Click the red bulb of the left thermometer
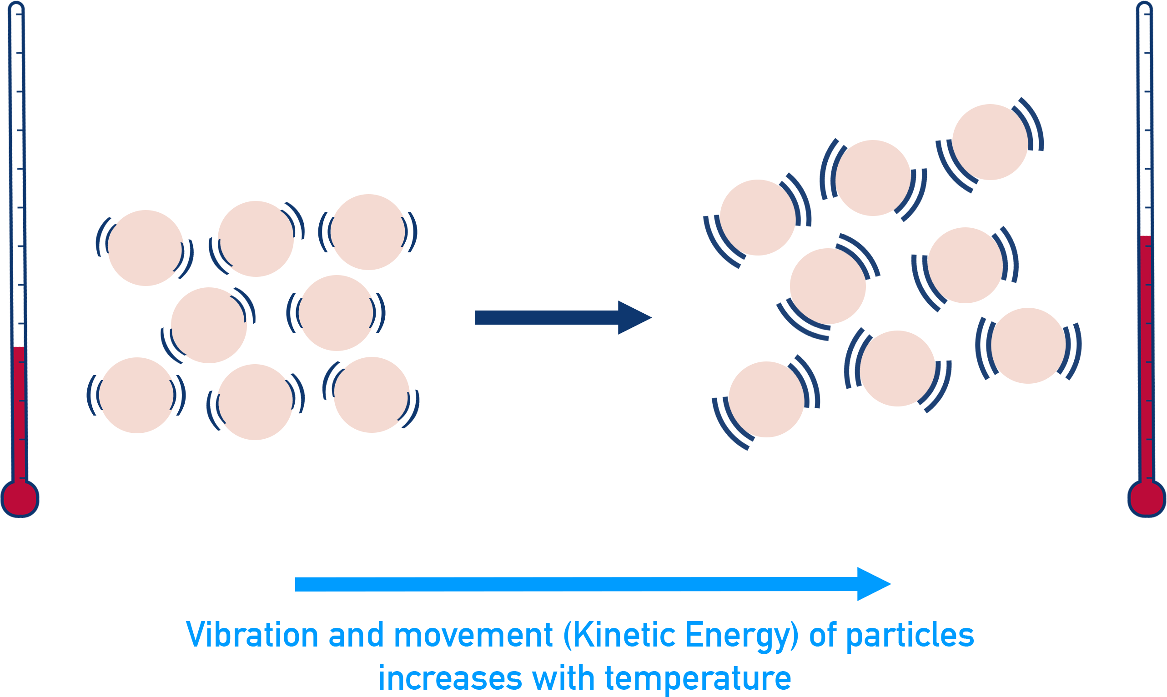click(19, 498)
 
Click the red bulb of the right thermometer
click(1147, 498)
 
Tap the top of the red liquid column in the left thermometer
click(19, 348)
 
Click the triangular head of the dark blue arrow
click(632, 318)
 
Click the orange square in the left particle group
click(145, 248)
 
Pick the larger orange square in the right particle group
click(757, 218)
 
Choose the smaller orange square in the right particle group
click(970, 266)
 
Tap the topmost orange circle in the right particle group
click(990, 142)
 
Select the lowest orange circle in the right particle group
click(766, 400)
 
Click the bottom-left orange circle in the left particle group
click(137, 396)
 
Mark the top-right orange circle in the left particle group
click(368, 232)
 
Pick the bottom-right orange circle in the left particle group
click(371, 395)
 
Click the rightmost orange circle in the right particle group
click(1028, 346)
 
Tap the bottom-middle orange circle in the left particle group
click(255, 402)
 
